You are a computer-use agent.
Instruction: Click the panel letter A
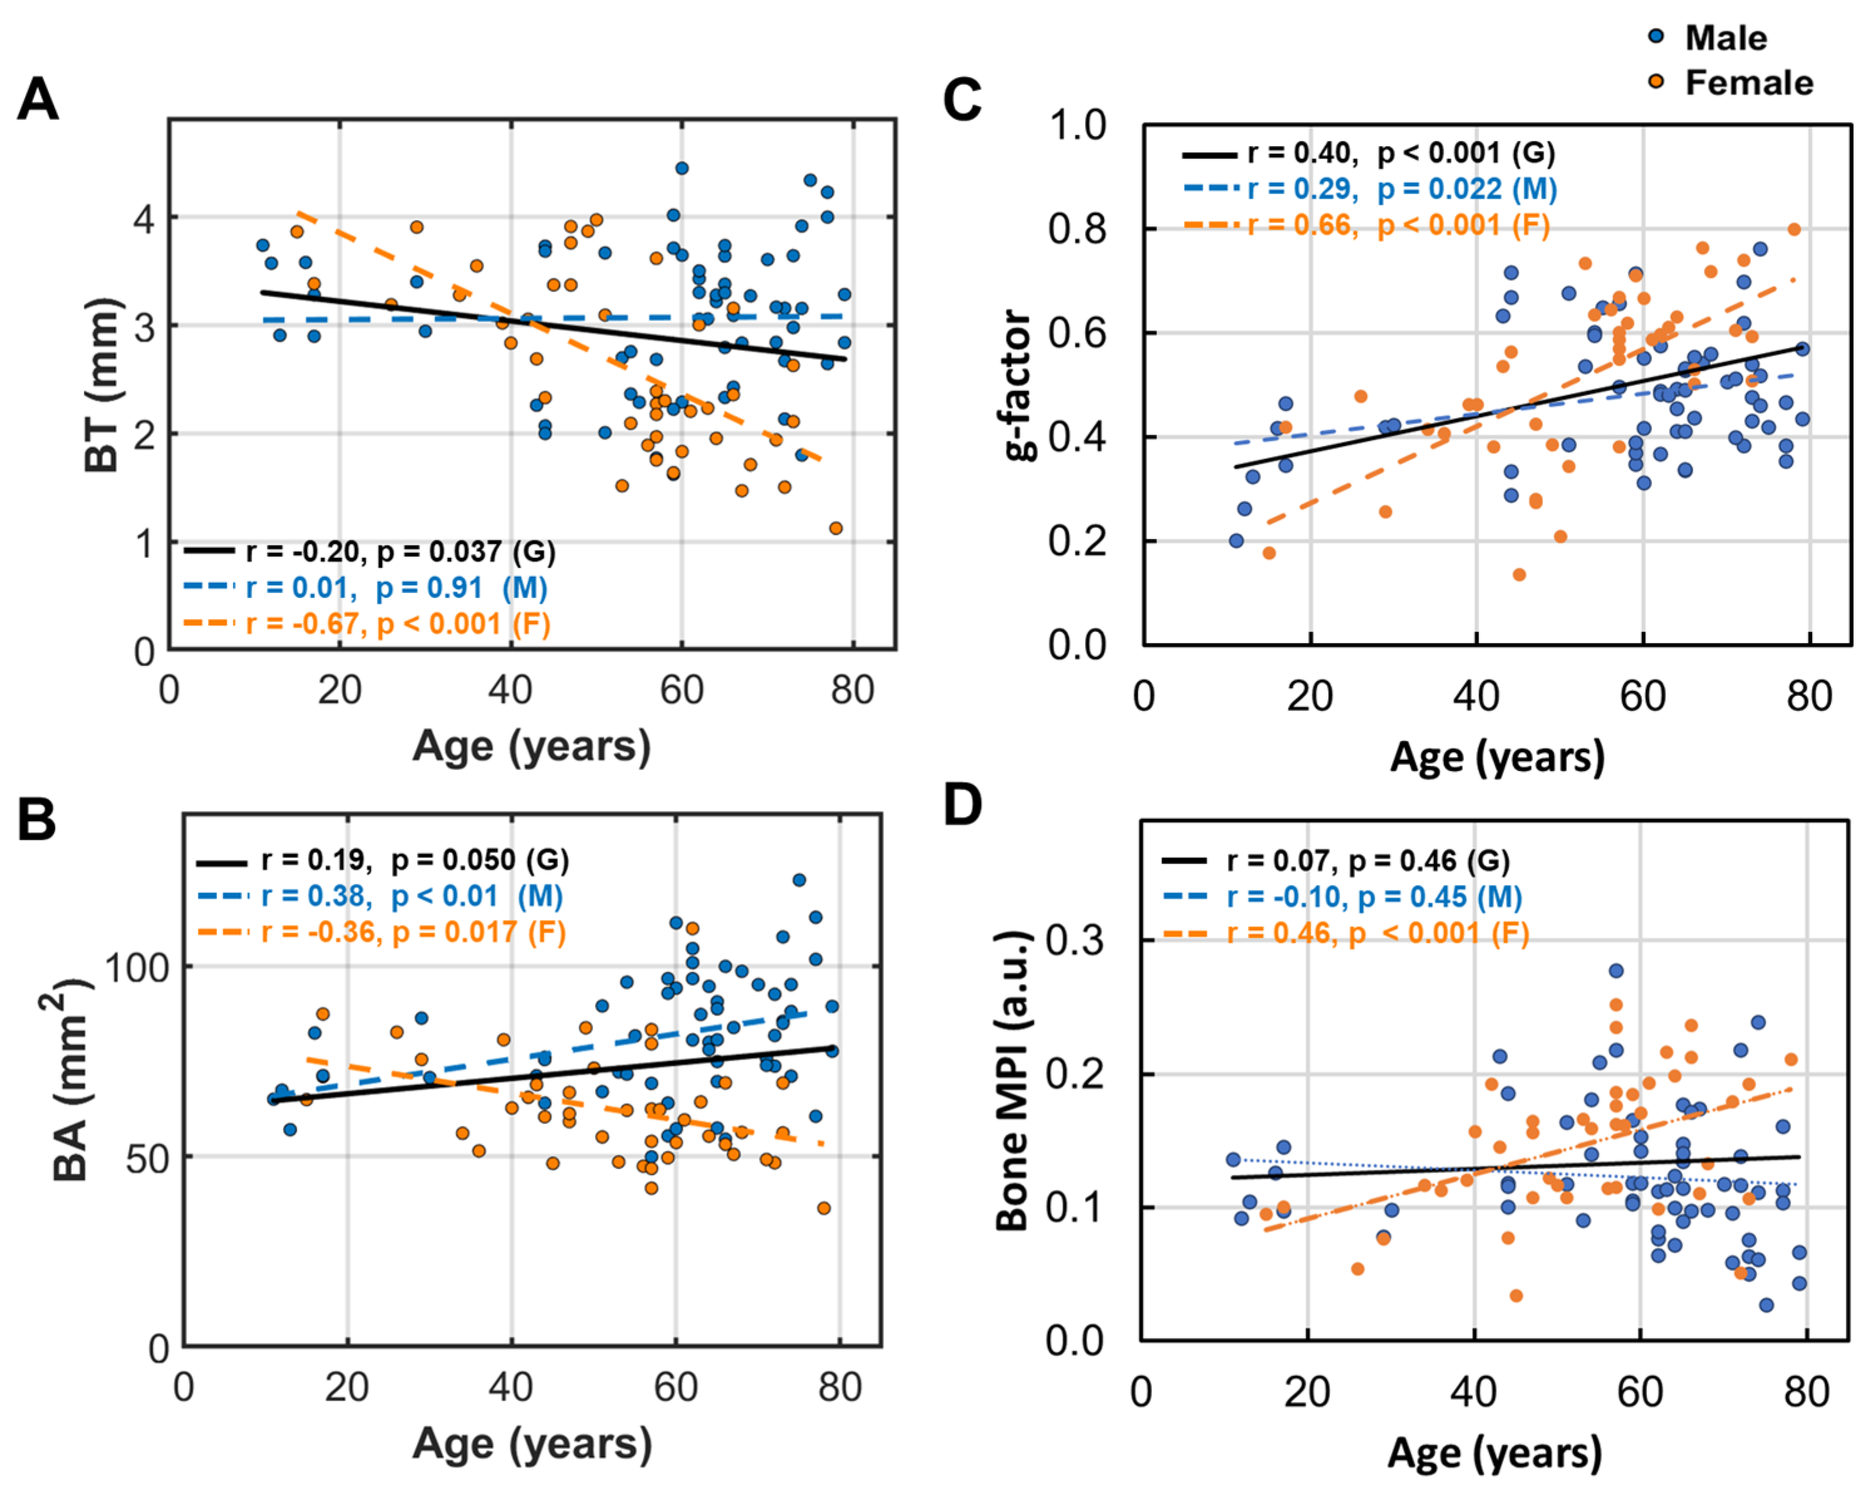[x=38, y=99]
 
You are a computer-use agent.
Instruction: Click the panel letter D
[x=963, y=805]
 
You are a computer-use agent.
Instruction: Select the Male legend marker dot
[x=1656, y=36]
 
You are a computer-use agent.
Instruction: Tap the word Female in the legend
[x=1749, y=83]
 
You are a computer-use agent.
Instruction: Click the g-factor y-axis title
[x=1018, y=385]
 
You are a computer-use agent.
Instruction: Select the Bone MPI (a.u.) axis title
[x=1012, y=1081]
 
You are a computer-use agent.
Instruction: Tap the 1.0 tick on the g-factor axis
[x=1077, y=125]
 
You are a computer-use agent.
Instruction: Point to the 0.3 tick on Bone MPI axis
[x=1075, y=940]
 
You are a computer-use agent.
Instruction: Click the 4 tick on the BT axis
[x=144, y=218]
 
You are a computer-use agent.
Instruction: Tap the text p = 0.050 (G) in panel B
[x=480, y=861]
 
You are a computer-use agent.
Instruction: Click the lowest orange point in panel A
[x=836, y=528]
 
